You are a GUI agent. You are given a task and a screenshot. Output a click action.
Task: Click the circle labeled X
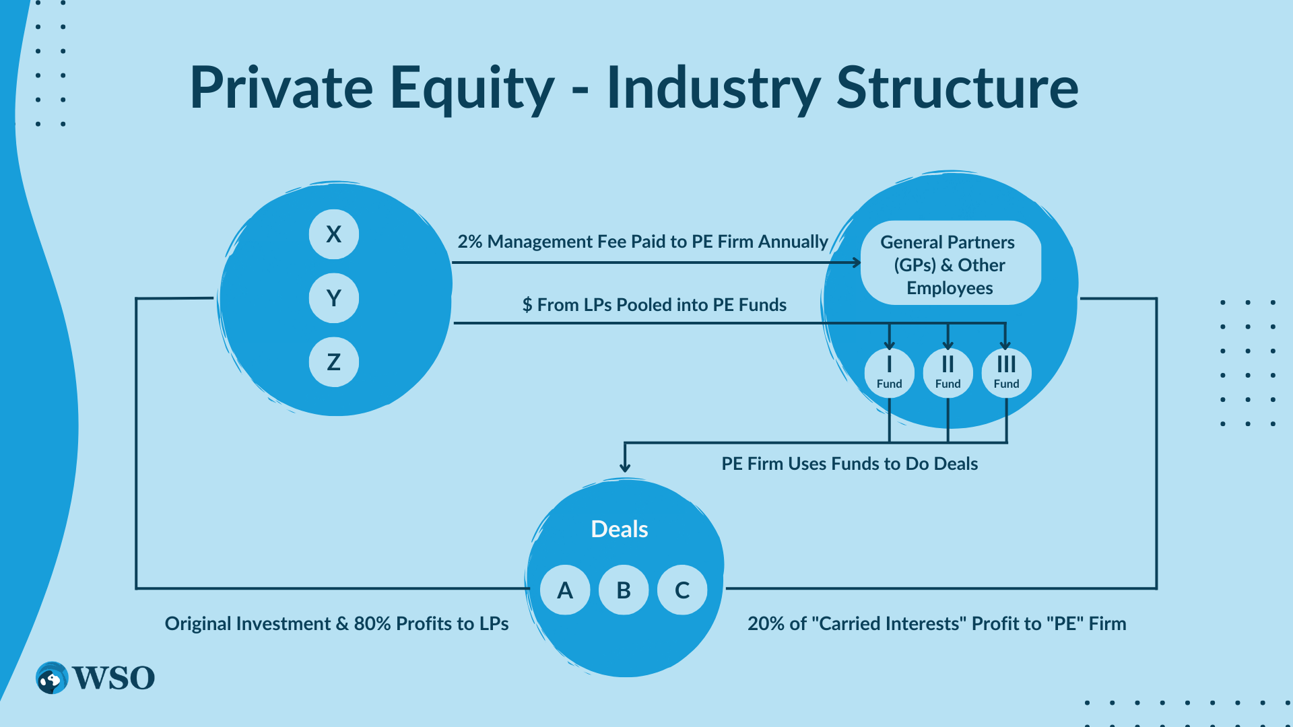click(x=333, y=234)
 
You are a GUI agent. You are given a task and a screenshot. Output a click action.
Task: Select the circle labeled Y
click(x=333, y=298)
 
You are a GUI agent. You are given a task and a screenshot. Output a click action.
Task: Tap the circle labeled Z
click(x=333, y=362)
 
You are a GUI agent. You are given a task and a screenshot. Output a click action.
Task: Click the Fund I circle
click(x=889, y=372)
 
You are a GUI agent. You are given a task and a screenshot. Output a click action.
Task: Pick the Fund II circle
click(x=948, y=372)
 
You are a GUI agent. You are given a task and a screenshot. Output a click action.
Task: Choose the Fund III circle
click(x=1006, y=372)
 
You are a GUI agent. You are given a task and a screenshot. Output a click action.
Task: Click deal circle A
click(x=565, y=590)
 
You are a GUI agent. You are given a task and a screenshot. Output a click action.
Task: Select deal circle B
click(x=624, y=590)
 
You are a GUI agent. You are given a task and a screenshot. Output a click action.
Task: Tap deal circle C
click(x=682, y=590)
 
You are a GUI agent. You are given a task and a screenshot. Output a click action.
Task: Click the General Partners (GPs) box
click(x=950, y=264)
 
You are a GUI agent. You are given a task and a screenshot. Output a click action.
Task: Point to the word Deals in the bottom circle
click(x=619, y=529)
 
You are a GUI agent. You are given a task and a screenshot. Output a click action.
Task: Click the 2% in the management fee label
click(x=469, y=242)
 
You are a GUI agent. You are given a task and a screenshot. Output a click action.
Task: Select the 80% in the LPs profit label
click(x=372, y=624)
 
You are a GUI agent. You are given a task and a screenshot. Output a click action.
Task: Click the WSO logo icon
click(x=52, y=678)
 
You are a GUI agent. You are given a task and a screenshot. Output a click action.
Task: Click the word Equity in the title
click(x=472, y=89)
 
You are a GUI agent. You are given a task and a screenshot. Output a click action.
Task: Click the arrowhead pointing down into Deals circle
click(x=625, y=466)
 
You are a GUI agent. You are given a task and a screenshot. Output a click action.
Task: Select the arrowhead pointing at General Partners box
click(x=857, y=263)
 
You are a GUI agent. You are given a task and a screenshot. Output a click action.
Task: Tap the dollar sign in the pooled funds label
click(x=527, y=306)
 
